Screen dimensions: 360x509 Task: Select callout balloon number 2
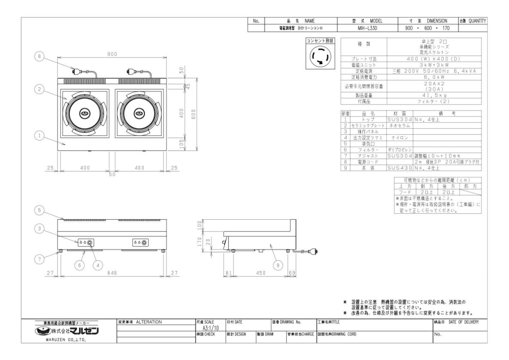(40, 89)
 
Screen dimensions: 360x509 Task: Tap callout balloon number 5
(40, 210)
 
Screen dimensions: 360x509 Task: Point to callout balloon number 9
(278, 265)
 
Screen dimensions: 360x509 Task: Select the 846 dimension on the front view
(111, 273)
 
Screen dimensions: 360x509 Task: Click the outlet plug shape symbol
(319, 57)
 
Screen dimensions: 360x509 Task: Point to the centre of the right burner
(139, 114)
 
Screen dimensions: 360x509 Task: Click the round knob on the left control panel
(90, 243)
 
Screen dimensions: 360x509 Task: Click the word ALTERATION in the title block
(148, 322)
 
